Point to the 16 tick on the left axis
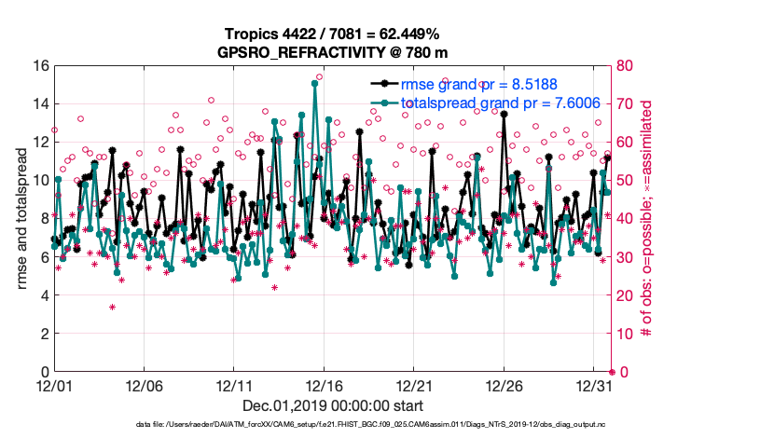[x=40, y=66]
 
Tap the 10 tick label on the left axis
[x=40, y=181]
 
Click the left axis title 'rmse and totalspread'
[x=21, y=218]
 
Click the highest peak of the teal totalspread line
[x=315, y=83]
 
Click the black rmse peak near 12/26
[x=504, y=114]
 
